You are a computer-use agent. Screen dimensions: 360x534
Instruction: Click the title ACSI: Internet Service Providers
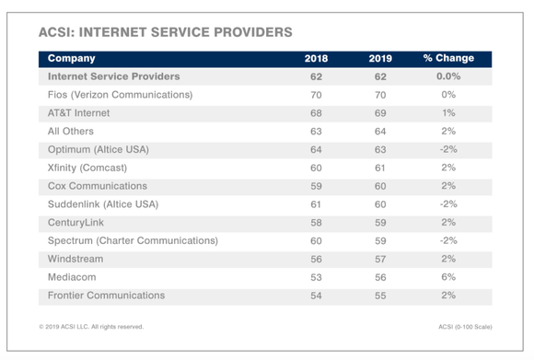(166, 32)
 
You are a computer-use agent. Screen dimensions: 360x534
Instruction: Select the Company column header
(72, 59)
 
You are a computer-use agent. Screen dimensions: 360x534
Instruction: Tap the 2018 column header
(316, 59)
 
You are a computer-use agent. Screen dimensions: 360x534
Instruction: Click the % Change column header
(448, 59)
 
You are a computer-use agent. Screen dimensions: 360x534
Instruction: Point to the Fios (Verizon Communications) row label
(120, 95)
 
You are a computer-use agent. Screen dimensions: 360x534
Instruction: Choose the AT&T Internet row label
(78, 113)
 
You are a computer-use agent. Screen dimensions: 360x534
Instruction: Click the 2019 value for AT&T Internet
(380, 113)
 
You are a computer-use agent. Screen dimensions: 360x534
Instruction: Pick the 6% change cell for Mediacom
(448, 277)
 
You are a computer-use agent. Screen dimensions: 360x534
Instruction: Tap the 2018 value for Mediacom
(316, 277)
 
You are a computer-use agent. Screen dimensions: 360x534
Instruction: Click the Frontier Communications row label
(106, 296)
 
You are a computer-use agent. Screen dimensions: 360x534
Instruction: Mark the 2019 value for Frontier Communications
(380, 296)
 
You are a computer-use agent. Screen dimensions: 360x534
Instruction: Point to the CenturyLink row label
(77, 223)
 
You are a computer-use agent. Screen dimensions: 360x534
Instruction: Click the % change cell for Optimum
(448, 149)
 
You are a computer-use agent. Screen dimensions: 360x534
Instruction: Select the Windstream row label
(75, 260)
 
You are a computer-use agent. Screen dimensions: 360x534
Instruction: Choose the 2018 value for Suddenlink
(316, 204)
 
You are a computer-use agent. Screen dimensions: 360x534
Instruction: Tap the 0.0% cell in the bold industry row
(448, 77)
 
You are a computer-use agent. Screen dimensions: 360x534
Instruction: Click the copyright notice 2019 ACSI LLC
(91, 327)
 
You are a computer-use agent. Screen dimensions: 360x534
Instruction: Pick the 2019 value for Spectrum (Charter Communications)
(380, 241)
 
